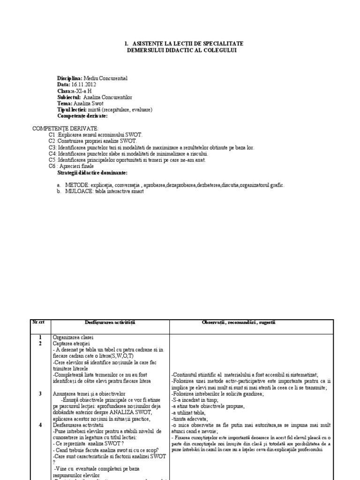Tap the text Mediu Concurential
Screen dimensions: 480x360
[105, 78]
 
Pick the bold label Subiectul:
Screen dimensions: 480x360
[69, 97]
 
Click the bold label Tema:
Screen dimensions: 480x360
[65, 103]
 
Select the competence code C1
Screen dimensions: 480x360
[52, 135]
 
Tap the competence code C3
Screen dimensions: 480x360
[52, 147]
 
